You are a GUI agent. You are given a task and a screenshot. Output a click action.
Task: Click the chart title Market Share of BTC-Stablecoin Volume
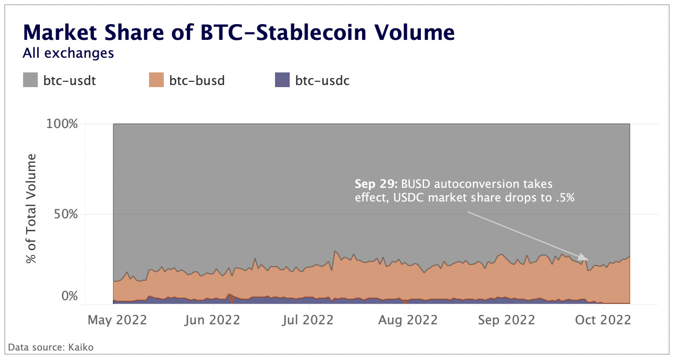click(x=239, y=33)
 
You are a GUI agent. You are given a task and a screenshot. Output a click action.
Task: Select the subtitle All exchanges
click(x=68, y=53)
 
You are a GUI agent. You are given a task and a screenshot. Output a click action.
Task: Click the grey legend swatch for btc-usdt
click(x=30, y=80)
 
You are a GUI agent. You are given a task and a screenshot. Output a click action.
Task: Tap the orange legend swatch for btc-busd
click(x=156, y=80)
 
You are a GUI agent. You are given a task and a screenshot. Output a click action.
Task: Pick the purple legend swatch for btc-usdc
click(x=282, y=80)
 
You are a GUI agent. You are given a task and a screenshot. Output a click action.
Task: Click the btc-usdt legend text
click(x=70, y=81)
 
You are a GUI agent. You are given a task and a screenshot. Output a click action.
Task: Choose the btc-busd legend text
click(x=197, y=81)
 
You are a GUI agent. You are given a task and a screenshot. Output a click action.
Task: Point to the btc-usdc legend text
click(x=322, y=81)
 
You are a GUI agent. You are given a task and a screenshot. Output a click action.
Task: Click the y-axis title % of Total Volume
click(x=32, y=209)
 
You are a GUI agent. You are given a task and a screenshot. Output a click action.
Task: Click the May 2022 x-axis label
click(x=116, y=320)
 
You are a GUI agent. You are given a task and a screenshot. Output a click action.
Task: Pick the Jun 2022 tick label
click(x=213, y=320)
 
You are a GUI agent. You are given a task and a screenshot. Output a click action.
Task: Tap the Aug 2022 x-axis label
click(x=408, y=320)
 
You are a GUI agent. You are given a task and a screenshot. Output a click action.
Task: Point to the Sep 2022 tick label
click(x=506, y=320)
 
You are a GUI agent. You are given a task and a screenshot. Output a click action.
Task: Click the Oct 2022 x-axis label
click(x=601, y=320)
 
